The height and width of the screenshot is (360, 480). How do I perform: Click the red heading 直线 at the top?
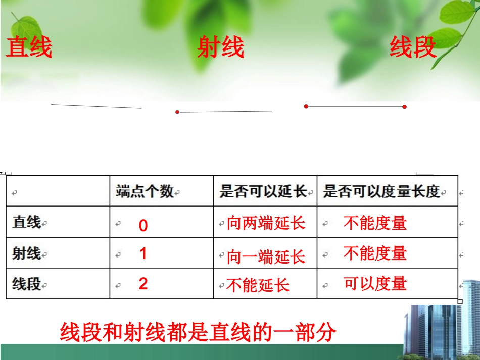29,48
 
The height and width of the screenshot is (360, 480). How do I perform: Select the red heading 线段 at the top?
412,48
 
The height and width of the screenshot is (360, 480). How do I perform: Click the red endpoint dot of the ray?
177,112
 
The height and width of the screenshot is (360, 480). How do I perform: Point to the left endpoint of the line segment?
306,106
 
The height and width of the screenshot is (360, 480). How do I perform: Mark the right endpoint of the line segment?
404,107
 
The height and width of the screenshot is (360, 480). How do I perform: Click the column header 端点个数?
145,191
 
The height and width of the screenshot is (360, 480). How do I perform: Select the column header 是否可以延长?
263,191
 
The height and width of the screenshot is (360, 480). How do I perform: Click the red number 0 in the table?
143,226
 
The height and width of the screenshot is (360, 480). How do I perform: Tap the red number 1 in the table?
143,253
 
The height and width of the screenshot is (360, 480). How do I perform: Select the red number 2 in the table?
143,284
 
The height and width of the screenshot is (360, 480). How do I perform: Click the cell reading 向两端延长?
266,223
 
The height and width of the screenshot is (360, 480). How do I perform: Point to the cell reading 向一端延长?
266,257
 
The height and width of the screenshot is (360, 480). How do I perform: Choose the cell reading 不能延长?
258,286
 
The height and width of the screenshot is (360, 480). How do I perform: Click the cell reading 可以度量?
375,283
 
